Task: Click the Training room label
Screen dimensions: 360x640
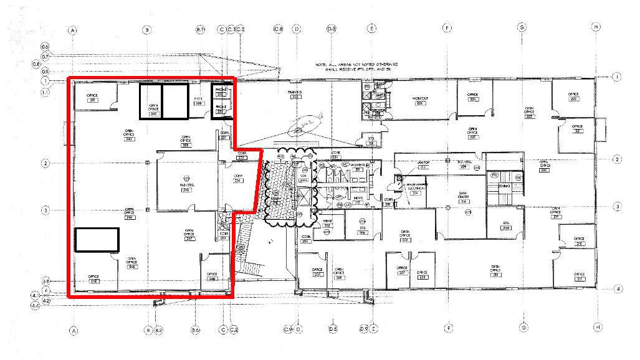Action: pos(295,95)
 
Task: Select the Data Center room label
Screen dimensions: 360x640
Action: pos(463,197)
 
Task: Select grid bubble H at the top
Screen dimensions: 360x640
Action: pos(596,27)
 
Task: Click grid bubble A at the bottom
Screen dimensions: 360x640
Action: pos(74,328)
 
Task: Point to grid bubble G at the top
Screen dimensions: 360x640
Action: pos(522,27)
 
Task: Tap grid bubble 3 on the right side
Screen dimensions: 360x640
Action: pos(617,206)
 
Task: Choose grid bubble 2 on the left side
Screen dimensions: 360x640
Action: pos(45,163)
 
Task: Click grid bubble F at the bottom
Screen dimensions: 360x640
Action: pos(447,328)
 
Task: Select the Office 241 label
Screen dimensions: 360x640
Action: pos(93,98)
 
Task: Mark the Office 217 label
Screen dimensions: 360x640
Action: pos(579,276)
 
